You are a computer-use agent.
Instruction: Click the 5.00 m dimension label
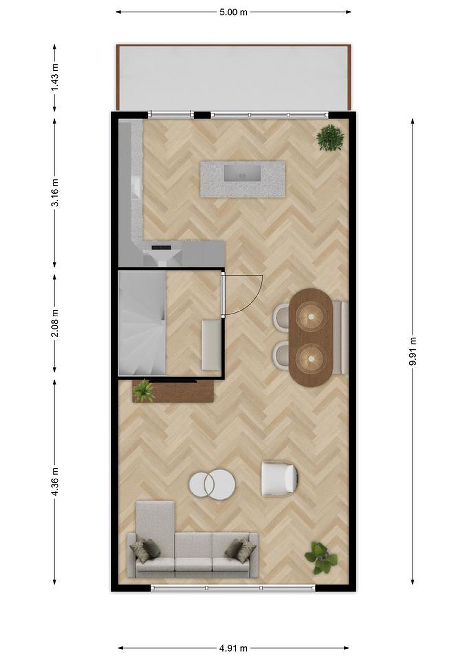click(233, 12)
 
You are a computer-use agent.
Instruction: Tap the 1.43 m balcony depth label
click(55, 77)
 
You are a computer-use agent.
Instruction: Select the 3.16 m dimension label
click(55, 192)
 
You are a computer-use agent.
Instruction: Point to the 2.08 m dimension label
click(55, 323)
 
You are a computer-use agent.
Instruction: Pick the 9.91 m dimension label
click(413, 351)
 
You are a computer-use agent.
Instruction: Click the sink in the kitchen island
click(242, 173)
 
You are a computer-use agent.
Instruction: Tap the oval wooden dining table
click(311, 338)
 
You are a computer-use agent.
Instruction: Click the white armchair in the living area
click(279, 479)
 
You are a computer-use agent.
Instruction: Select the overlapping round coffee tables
click(212, 484)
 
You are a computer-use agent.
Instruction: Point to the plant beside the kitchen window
click(330, 137)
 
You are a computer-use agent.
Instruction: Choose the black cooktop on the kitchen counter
click(161, 247)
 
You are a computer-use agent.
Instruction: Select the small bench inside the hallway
click(211, 345)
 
